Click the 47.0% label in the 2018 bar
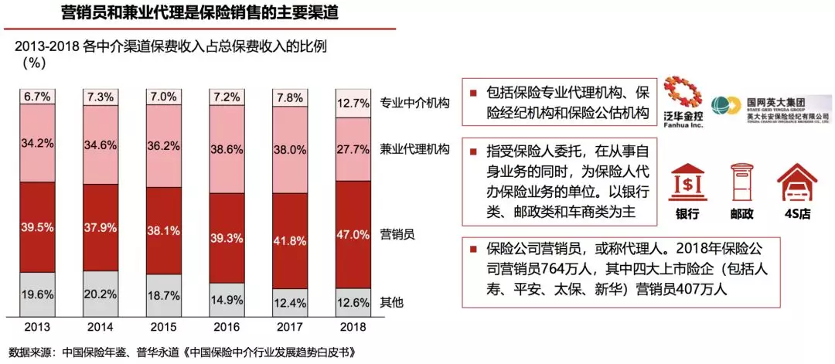point(352,233)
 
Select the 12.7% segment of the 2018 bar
point(352,103)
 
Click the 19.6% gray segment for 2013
point(37,294)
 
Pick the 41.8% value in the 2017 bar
point(288,240)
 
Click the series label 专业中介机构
point(415,102)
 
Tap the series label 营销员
point(398,233)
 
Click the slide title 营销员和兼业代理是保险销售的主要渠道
point(199,13)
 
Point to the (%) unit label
point(36,63)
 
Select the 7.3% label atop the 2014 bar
point(100,97)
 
